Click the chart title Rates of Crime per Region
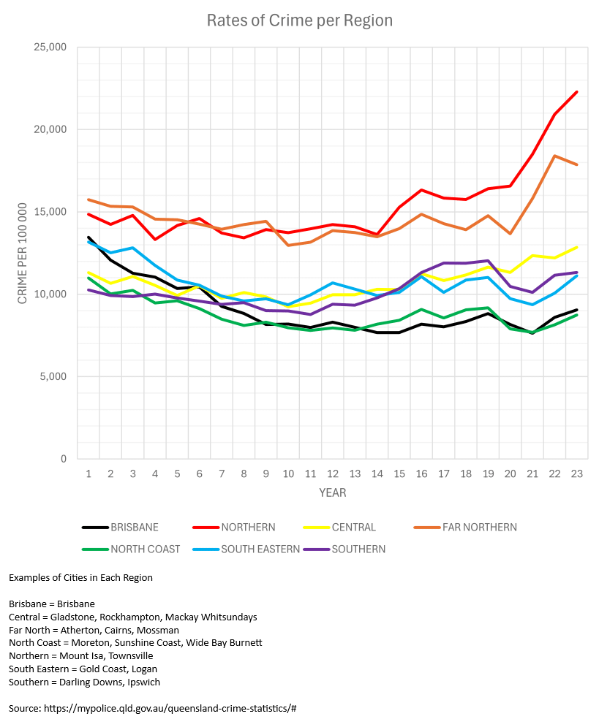300,20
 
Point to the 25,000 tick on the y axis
50,47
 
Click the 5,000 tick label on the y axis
53,377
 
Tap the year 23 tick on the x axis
576,473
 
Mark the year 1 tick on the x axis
88,473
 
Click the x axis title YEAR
332,493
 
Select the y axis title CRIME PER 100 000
23,253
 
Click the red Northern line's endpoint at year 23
576,92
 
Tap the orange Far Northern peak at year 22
554,156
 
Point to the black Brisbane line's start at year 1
88,237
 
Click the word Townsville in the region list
131,656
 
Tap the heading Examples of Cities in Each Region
80,578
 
